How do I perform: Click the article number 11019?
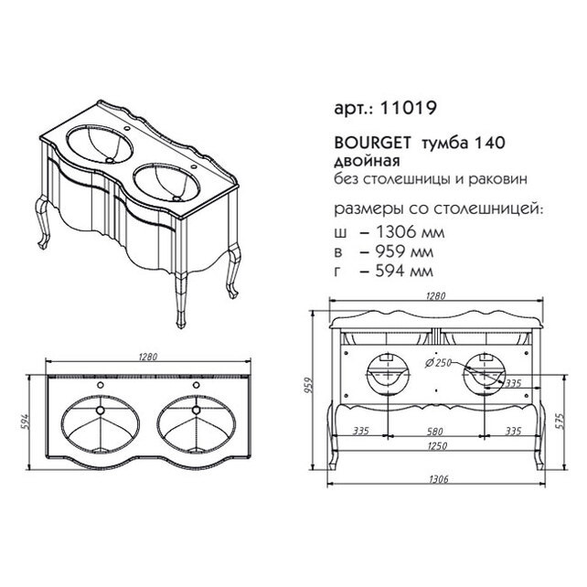pyautogui.click(x=408, y=109)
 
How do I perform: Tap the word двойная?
pyautogui.click(x=367, y=161)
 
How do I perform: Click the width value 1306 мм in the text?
pyautogui.click(x=410, y=232)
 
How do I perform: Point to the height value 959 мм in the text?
pyautogui.click(x=404, y=252)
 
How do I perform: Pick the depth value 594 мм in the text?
pyautogui.click(x=404, y=271)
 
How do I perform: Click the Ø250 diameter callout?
pyautogui.click(x=438, y=362)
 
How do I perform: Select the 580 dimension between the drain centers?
pyautogui.click(x=435, y=432)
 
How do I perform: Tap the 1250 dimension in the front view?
pyautogui.click(x=436, y=446)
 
